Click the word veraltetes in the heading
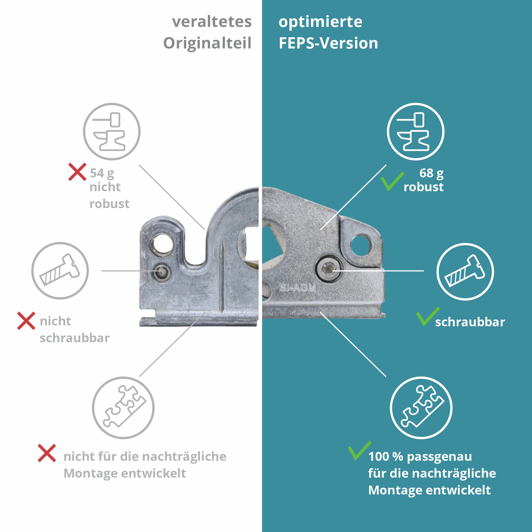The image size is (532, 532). pyautogui.click(x=212, y=22)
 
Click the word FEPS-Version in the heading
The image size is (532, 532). pyautogui.click(x=328, y=43)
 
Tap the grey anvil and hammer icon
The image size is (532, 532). pyautogui.click(x=111, y=132)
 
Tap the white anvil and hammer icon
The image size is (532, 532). pyautogui.click(x=416, y=132)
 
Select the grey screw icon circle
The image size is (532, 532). pyautogui.click(x=60, y=270)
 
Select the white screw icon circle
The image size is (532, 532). pyautogui.click(x=465, y=272)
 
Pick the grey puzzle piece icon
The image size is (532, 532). pyautogui.click(x=123, y=408)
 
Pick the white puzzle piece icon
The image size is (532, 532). pyautogui.click(x=421, y=408)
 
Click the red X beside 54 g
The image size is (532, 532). pyautogui.click(x=77, y=172)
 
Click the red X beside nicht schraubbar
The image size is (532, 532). pyautogui.click(x=26, y=321)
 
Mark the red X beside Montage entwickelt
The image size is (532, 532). pyautogui.click(x=47, y=453)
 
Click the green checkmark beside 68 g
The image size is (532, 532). pyautogui.click(x=392, y=181)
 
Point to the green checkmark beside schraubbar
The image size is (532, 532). pyautogui.click(x=427, y=316)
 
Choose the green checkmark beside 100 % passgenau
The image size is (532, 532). pyautogui.click(x=359, y=451)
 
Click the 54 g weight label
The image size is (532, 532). pyautogui.click(x=102, y=173)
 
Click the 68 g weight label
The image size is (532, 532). pyautogui.click(x=431, y=173)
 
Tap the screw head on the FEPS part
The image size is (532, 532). pyautogui.click(x=328, y=269)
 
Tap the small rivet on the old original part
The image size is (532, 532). pyautogui.click(x=161, y=272)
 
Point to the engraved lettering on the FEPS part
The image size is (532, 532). pyautogui.click(x=298, y=288)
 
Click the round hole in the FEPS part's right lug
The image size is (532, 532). pyautogui.click(x=360, y=245)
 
